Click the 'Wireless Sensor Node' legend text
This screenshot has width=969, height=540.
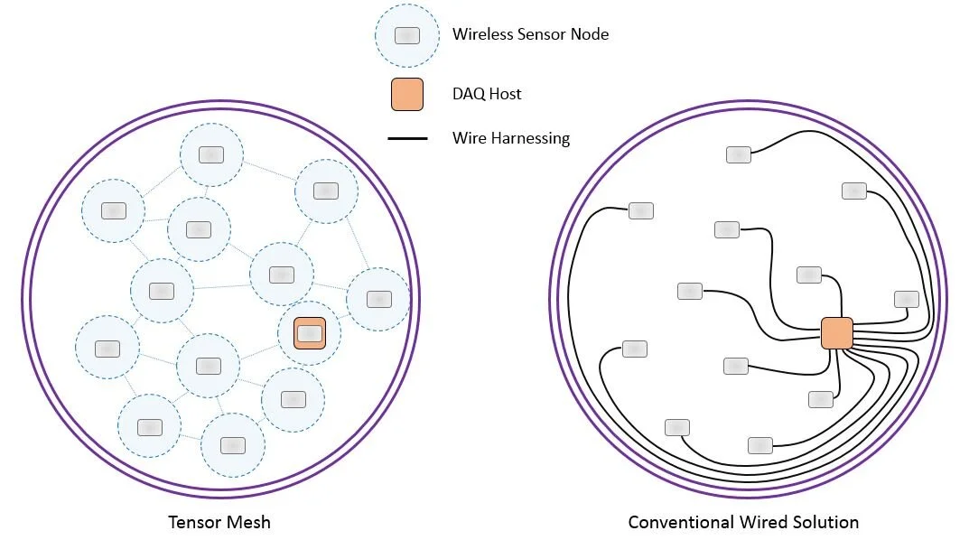(530, 34)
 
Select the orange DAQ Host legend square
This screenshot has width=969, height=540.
(407, 94)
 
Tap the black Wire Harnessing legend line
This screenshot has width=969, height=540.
(407, 139)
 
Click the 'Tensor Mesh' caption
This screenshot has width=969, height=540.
(219, 522)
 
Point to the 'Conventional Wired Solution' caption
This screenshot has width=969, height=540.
(743, 522)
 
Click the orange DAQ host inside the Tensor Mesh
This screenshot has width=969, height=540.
(310, 333)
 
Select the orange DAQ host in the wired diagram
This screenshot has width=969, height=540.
(836, 333)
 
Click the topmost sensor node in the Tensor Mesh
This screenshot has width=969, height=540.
(210, 155)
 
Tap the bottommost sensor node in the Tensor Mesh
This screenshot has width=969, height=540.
(232, 445)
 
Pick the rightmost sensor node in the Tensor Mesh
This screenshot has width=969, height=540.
(378, 299)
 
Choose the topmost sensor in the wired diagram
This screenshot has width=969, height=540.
(738, 154)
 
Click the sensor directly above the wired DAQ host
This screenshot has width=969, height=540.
(809, 275)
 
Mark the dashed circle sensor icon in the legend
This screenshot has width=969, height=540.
(407, 35)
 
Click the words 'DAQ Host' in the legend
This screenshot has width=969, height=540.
(487, 94)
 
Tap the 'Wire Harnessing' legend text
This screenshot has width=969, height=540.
(511, 138)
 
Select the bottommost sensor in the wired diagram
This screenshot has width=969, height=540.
(760, 444)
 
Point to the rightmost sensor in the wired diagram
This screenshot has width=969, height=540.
(906, 299)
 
